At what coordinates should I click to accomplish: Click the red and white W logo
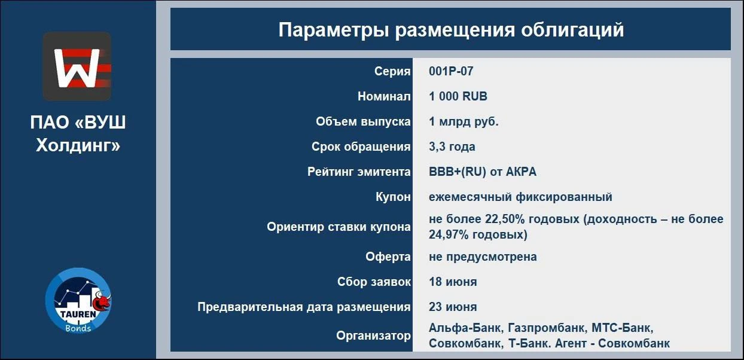coord(77,66)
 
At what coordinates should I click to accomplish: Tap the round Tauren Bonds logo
coord(78,301)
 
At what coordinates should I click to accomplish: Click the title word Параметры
coord(334,30)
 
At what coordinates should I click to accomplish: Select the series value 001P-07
coord(451,71)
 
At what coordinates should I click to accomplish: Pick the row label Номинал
coord(384,96)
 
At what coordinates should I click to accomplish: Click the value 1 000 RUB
coord(458,96)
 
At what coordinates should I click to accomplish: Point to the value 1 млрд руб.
coord(464,122)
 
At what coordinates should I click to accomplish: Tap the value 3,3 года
coord(452,147)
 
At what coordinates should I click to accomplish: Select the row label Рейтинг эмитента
coord(359,172)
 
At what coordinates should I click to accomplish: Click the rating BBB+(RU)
coord(458,172)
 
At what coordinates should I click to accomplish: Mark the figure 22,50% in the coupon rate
coord(505,219)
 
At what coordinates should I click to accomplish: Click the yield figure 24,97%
coord(449,234)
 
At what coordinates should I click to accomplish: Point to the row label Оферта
coord(388,257)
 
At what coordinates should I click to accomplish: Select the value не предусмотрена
coord(483,257)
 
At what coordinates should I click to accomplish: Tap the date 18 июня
coord(453,282)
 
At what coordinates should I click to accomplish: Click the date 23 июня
coord(453,307)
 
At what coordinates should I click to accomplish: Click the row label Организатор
coord(373,335)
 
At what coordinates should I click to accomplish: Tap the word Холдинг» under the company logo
coord(78,145)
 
